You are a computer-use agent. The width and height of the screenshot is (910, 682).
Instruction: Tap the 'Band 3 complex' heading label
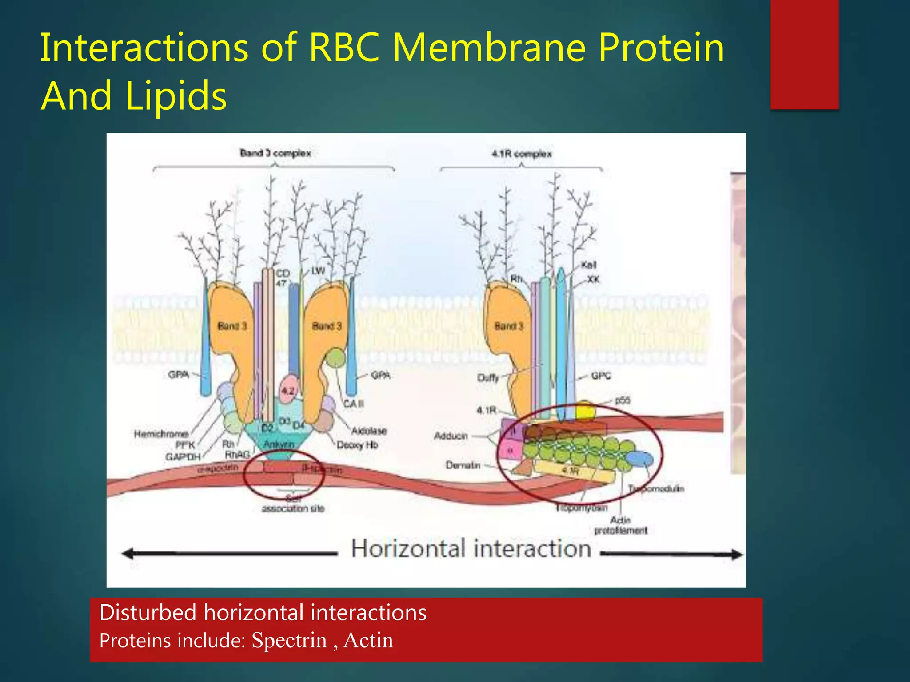[x=275, y=153]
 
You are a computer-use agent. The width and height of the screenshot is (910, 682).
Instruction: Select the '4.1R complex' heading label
[x=522, y=154]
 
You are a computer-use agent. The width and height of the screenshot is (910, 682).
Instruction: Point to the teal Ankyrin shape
[x=279, y=442]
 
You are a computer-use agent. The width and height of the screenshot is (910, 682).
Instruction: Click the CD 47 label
[x=283, y=278]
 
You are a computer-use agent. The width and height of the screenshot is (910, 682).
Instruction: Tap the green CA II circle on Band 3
[x=335, y=357]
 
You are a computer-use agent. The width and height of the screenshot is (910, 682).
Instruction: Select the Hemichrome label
[x=161, y=433]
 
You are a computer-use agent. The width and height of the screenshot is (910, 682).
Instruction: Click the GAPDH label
[x=183, y=457]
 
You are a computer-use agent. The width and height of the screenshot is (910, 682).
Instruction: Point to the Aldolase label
[x=369, y=431]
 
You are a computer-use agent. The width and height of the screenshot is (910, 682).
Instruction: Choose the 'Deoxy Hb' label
[x=357, y=444]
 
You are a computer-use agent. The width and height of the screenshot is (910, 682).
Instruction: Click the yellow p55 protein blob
[x=585, y=411]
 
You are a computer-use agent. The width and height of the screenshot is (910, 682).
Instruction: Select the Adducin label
[x=451, y=436]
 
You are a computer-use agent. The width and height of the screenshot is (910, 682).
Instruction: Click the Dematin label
[x=463, y=465]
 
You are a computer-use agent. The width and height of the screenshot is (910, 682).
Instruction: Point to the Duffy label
[x=488, y=377]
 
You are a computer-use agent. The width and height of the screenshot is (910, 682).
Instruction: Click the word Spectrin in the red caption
[x=289, y=641]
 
